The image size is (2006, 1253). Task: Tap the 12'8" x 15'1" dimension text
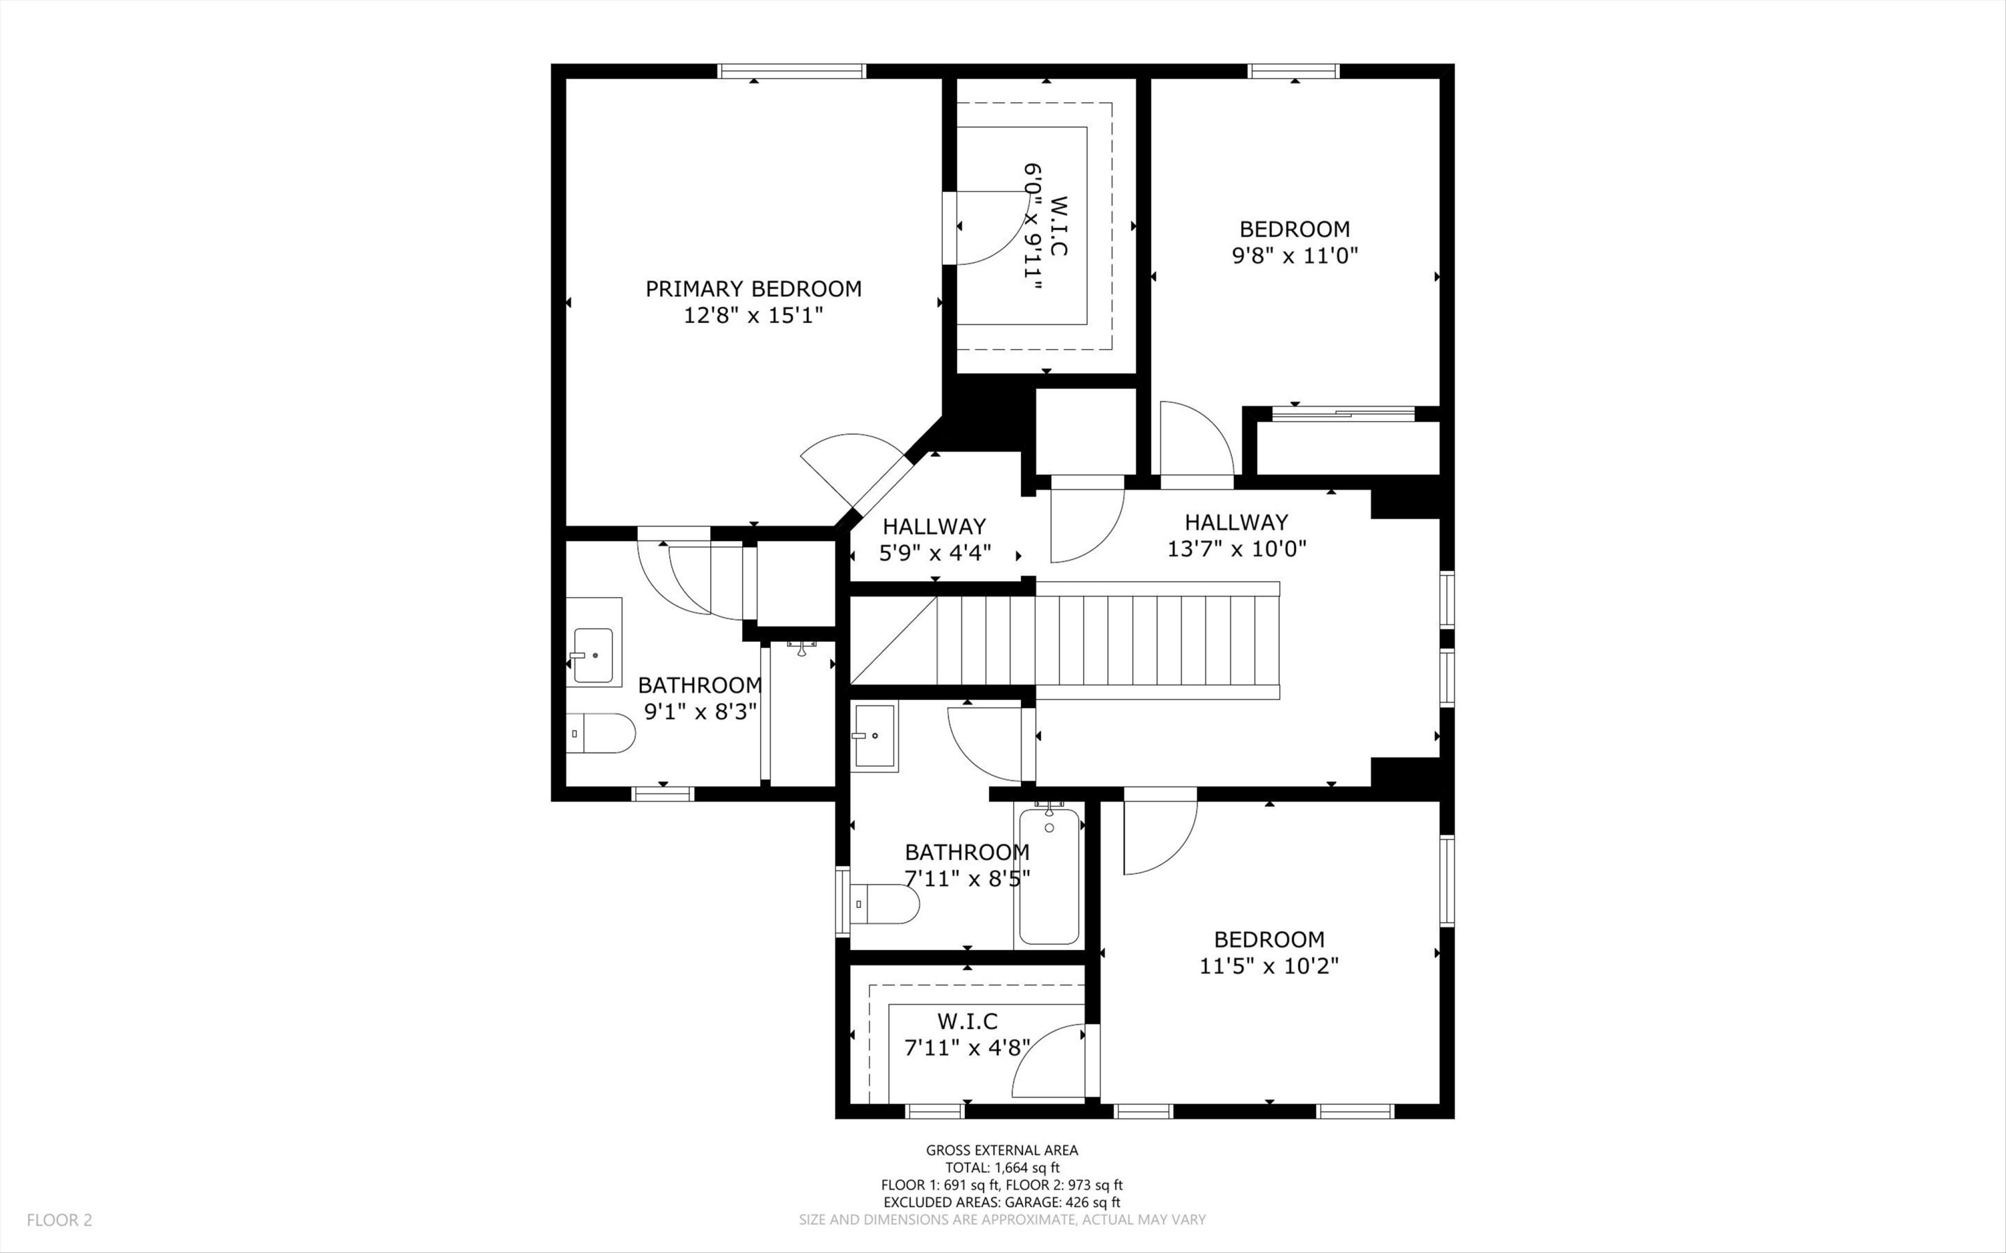click(x=753, y=316)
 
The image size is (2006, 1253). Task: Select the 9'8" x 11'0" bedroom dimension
click(x=1295, y=255)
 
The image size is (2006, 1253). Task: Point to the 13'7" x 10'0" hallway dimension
click(x=1236, y=548)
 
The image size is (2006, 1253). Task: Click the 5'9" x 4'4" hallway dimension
click(x=935, y=553)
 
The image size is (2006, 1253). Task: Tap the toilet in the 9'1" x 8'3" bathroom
click(x=600, y=733)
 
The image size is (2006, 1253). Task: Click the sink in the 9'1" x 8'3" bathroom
click(x=593, y=643)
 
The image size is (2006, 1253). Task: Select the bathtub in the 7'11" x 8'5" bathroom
click(x=1049, y=876)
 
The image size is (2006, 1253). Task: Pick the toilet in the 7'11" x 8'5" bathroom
click(x=885, y=904)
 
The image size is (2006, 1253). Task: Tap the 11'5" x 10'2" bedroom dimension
click(x=1269, y=966)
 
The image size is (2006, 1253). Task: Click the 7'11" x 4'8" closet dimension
click(x=967, y=1048)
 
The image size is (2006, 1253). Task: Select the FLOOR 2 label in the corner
click(x=60, y=1220)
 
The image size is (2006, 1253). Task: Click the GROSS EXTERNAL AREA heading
click(x=1002, y=1150)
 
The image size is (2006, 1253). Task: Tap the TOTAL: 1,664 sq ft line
click(x=1002, y=1167)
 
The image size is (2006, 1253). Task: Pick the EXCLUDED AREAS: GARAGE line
click(x=1002, y=1202)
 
